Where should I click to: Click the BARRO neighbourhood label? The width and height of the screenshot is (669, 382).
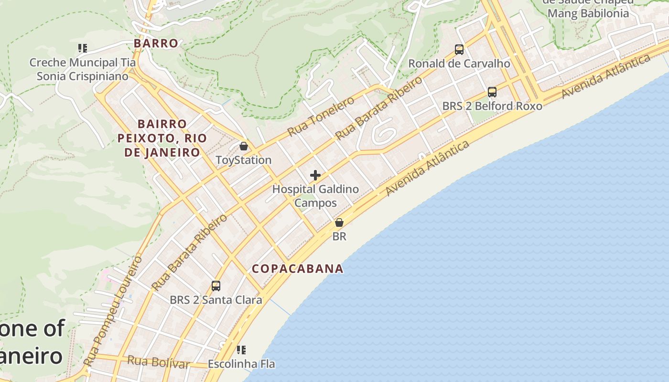(156, 43)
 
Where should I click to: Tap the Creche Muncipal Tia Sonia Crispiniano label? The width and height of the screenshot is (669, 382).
(83, 69)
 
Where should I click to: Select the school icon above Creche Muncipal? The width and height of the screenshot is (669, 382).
(83, 48)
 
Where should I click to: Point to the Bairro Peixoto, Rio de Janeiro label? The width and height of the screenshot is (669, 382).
(162, 138)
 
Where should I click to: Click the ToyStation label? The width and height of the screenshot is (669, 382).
(243, 160)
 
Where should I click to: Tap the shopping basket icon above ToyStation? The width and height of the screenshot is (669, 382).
(244, 146)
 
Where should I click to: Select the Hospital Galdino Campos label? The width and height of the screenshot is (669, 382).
(315, 196)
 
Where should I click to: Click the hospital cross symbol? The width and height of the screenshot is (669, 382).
(315, 175)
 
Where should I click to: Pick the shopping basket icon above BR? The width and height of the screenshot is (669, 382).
(339, 223)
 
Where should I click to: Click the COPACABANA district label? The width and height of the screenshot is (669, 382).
(298, 269)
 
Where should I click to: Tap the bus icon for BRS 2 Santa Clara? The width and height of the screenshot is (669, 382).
(216, 286)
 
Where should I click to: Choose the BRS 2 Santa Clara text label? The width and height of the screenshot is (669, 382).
(216, 300)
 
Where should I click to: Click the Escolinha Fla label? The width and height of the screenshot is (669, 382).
(241, 364)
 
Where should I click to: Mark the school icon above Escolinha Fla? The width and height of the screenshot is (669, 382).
(241, 350)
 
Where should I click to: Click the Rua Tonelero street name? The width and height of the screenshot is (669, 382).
(321, 116)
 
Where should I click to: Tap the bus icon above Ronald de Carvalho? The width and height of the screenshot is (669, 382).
(459, 50)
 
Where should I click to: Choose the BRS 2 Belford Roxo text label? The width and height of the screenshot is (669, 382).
(492, 106)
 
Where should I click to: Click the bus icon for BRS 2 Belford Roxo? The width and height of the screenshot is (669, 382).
(492, 92)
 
